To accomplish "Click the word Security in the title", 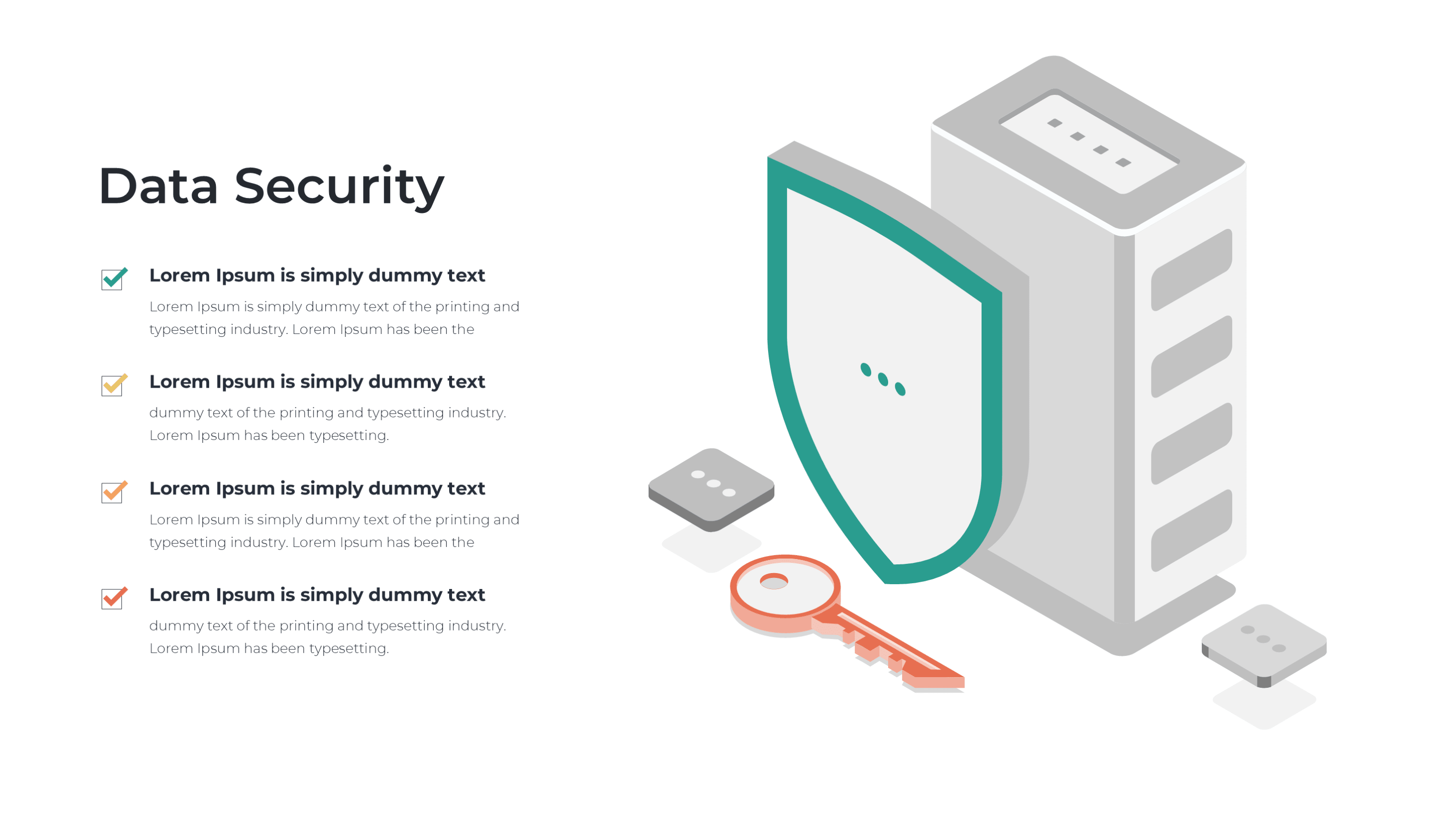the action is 339,188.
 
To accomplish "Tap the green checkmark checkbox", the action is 114,278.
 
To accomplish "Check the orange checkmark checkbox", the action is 114,492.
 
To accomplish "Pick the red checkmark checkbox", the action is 114,598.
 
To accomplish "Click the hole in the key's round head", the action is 774,581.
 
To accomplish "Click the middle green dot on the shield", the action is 883,379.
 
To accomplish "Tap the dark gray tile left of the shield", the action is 711,489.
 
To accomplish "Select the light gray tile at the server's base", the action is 1264,646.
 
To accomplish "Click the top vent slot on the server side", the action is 1192,270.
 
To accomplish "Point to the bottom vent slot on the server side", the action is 1192,530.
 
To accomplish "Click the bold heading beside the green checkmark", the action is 317,275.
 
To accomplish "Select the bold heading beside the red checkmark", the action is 317,595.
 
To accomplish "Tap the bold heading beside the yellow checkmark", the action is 317,382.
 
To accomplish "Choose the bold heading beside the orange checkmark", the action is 317,488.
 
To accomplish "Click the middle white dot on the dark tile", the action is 713,483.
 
